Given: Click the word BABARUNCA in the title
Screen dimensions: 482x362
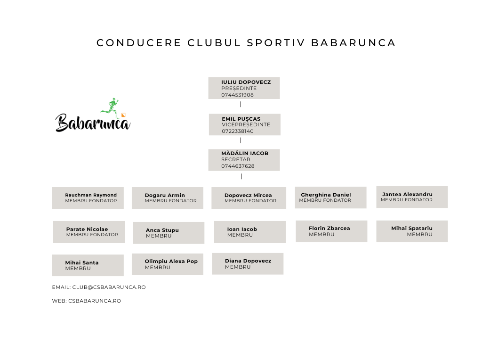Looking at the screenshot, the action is (353, 43).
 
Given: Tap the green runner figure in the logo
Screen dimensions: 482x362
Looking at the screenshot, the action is (111, 107).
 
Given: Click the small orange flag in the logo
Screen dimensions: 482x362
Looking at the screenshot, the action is (123, 115).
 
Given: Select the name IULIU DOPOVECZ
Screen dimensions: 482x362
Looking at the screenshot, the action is (246, 82).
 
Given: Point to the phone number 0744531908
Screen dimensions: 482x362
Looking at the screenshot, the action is (237, 95).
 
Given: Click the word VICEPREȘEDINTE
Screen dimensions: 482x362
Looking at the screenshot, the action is (246, 124).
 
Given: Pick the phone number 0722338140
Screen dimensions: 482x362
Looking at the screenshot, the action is (238, 131).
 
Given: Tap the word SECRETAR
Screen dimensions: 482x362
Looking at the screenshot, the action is (236, 159).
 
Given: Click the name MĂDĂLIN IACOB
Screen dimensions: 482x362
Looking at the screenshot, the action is (245, 153).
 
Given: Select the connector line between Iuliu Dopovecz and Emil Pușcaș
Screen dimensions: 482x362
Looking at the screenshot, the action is (241, 104).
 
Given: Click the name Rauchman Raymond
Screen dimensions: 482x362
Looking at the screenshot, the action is (91, 195).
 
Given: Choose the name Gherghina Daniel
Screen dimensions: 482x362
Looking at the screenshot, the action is (326, 195).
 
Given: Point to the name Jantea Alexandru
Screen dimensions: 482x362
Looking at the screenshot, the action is (407, 194).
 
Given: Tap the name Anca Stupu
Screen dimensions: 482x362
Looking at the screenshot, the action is (162, 230).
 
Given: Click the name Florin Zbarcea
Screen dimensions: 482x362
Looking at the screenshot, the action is (329, 229).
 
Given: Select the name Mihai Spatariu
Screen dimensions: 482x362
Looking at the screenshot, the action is (411, 229).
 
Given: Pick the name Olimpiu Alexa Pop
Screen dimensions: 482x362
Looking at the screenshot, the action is (171, 261).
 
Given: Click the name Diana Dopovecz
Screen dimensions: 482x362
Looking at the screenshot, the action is (248, 261).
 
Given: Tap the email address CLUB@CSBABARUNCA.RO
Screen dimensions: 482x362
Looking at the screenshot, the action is (109, 287).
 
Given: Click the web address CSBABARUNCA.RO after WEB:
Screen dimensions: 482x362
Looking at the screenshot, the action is (95, 301).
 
